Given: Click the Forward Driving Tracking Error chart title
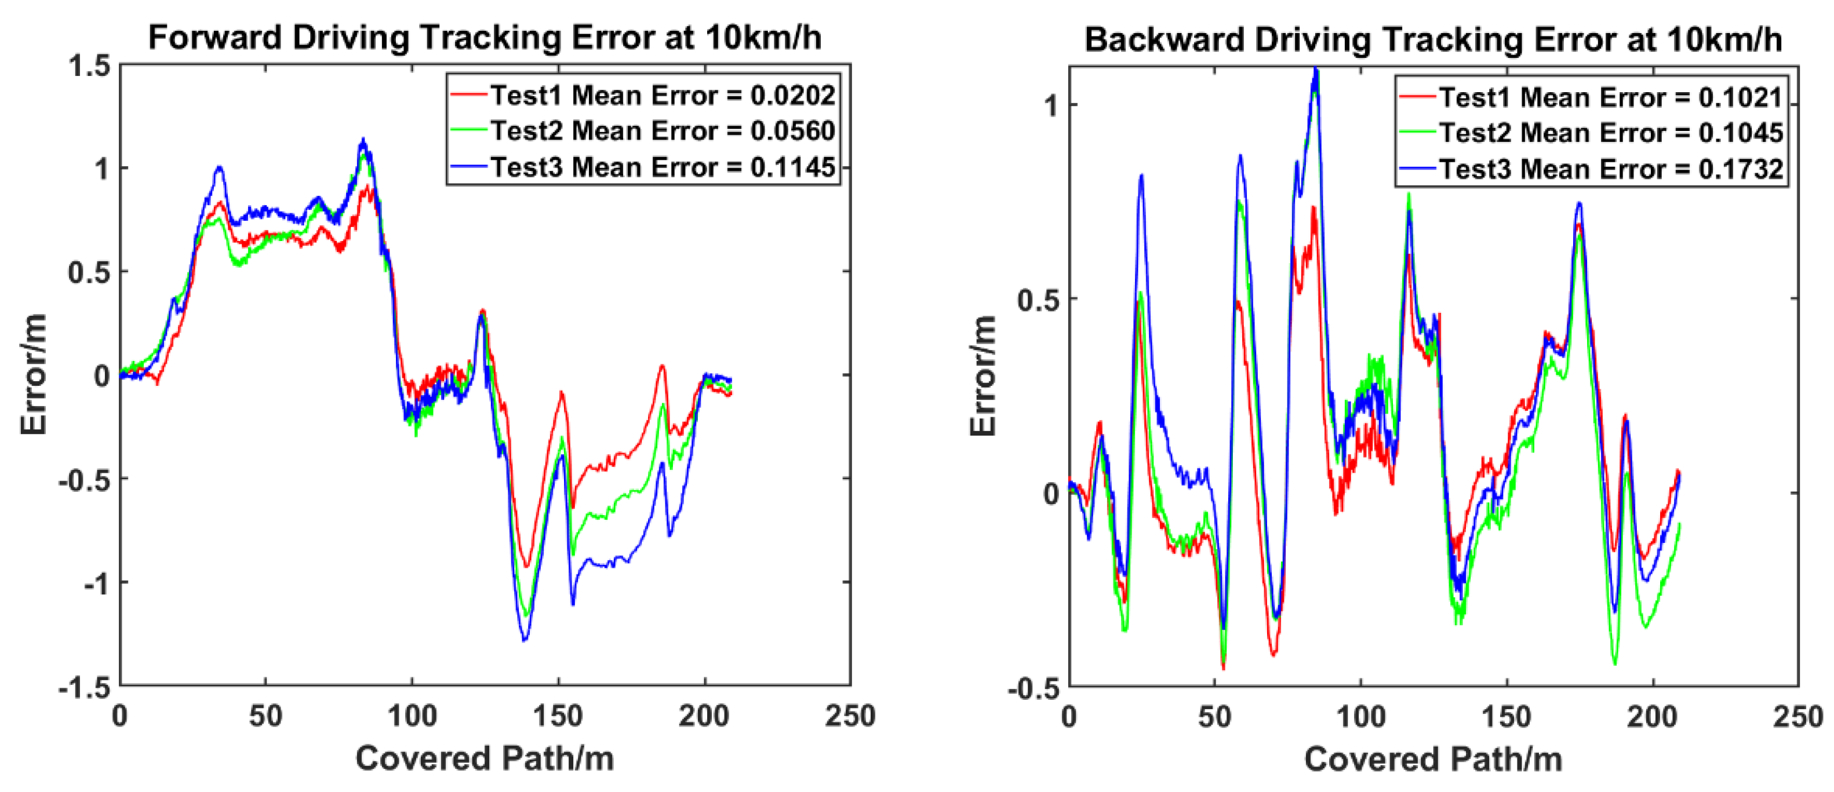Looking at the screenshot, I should [x=484, y=37].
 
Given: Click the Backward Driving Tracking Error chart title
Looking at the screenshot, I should [x=1432, y=39].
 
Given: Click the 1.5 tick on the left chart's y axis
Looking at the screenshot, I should [x=90, y=66].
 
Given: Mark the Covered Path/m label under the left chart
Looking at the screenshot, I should [x=484, y=758].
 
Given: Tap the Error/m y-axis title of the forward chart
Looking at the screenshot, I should [x=34, y=374].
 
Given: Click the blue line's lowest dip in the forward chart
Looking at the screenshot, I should [x=525, y=640].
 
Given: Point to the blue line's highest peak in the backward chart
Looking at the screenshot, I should [x=1316, y=69].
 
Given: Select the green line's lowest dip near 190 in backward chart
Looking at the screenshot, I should [x=1615, y=664].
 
